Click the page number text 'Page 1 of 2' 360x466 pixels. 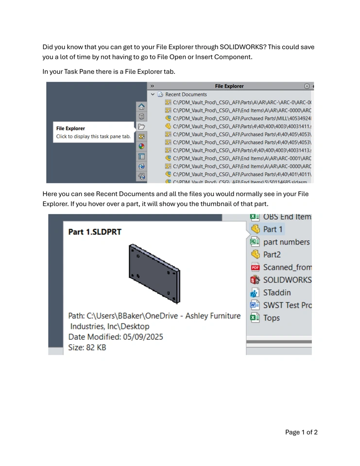click(301, 432)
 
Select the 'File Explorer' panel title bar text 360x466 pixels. click(229, 86)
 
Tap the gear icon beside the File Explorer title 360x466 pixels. click(307, 86)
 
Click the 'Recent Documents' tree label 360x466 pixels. click(186, 95)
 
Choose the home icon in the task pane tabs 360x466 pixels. click(141, 107)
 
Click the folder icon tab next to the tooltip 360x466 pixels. click(141, 127)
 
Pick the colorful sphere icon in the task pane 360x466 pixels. click(141, 146)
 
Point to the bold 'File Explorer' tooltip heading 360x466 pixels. click(70, 129)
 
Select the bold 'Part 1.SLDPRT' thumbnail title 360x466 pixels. click(95, 232)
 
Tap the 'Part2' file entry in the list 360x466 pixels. click(272, 254)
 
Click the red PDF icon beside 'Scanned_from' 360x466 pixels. click(255, 267)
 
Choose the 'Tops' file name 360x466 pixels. click(271, 318)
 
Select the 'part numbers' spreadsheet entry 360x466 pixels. click(286, 242)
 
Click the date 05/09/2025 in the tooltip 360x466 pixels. click(144, 337)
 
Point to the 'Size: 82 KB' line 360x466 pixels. click(87, 348)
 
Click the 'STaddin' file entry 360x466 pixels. click(277, 293)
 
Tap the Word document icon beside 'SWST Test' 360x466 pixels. click(255, 305)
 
